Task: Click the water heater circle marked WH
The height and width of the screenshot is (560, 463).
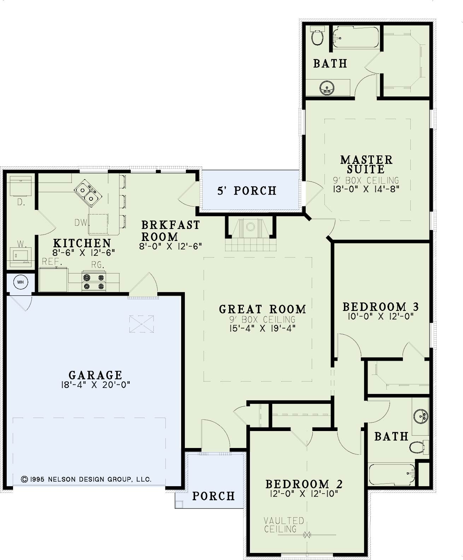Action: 20,282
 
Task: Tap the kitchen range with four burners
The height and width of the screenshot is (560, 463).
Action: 94,282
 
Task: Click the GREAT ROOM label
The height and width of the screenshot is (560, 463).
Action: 263,309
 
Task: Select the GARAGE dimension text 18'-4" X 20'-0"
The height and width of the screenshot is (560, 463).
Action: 96,385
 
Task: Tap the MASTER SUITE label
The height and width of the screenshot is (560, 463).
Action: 367,165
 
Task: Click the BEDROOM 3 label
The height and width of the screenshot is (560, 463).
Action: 381,307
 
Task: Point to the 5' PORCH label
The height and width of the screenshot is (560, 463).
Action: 247,191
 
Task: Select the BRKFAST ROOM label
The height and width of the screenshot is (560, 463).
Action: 171,231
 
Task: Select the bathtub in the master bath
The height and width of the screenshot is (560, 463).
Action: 356,37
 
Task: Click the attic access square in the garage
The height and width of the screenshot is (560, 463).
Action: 142,324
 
